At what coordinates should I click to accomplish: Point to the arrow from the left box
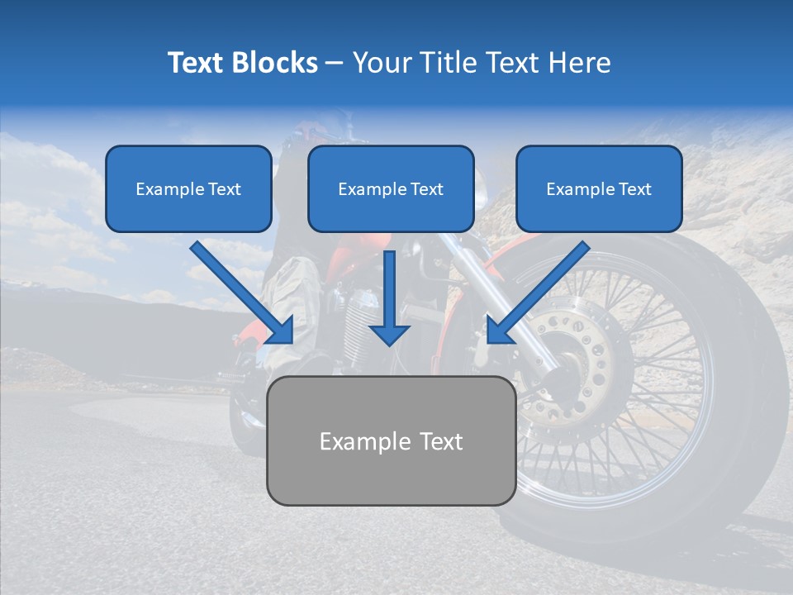point(241,291)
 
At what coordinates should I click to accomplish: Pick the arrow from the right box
point(539,291)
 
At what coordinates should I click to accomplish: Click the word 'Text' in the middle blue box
point(426,189)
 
